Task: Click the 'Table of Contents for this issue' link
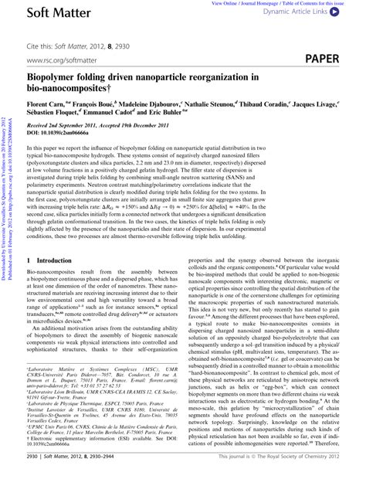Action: point(307,4)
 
